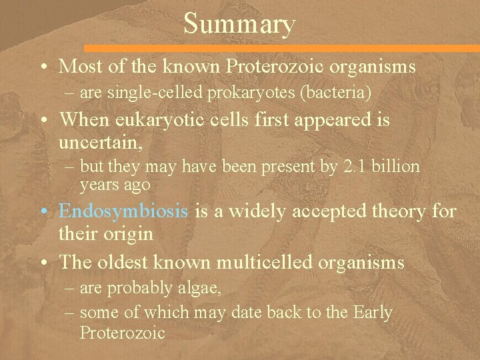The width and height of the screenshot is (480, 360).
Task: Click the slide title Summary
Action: pos(239,24)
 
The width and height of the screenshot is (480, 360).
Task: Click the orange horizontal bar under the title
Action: pos(280,48)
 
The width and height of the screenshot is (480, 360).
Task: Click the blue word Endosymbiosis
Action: pos(123,212)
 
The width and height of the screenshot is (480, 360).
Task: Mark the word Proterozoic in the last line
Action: pos(122,332)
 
